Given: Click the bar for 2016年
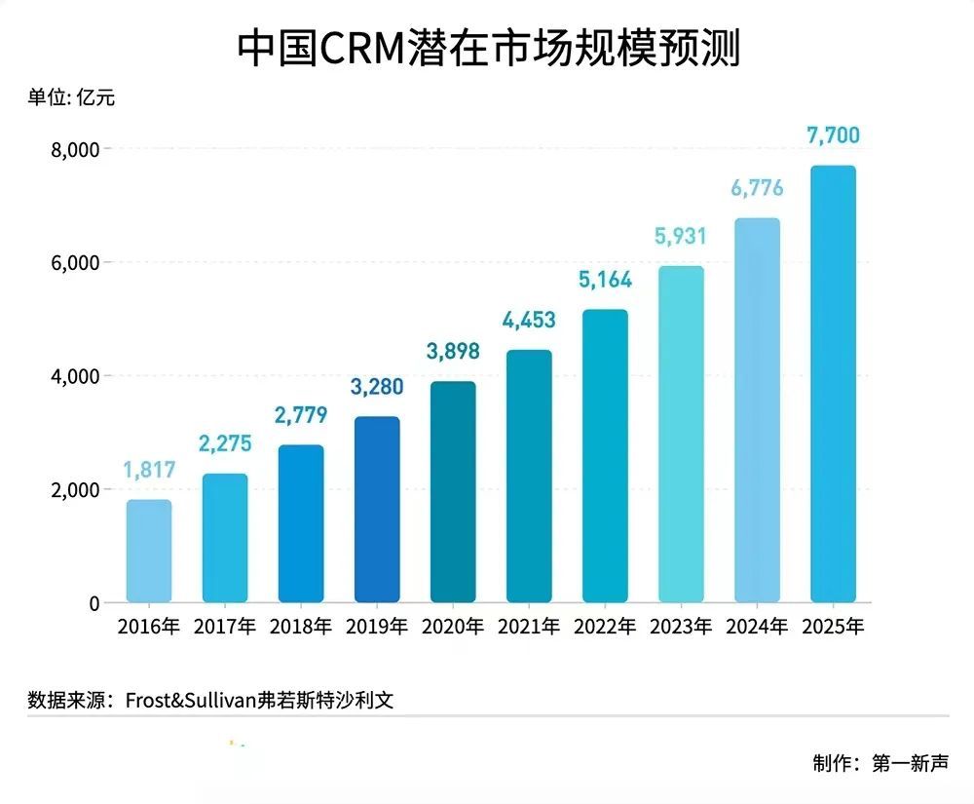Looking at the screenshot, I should pos(149,551).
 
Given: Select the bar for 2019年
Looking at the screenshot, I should pos(377,509).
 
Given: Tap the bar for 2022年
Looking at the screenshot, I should pos(605,455).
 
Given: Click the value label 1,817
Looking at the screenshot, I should pos(149,470).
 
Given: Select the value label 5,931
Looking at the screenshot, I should pos(681,236).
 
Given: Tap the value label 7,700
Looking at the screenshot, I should pos(833,135).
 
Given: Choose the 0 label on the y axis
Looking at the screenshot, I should pos(94,603).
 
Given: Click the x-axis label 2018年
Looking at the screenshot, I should pos(301,627).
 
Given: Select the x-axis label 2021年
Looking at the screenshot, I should pos(529,627).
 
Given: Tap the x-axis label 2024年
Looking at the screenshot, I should pos(757,627).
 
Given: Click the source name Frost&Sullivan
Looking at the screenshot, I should pos(191,699).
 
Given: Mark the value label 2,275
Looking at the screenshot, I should pos(225,444).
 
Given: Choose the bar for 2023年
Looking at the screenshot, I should pos(681,434).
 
